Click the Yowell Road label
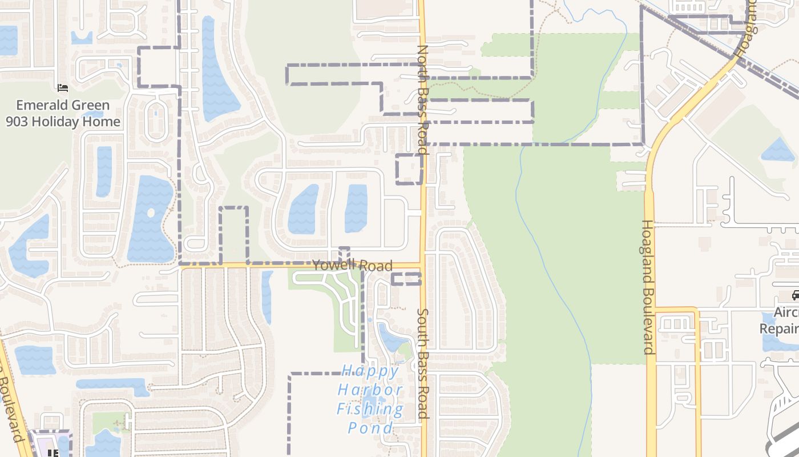click(352, 266)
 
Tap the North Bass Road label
click(422, 100)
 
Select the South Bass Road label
click(423, 364)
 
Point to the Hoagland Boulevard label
click(648, 287)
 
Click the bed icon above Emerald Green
click(63, 88)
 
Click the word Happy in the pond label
click(370, 371)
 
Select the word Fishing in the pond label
click(370, 409)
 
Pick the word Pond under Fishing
click(370, 428)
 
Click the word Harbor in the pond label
click(370, 390)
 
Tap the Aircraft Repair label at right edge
click(780, 320)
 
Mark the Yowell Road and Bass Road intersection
click(423, 266)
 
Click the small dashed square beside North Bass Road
click(409, 169)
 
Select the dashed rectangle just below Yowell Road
click(406, 279)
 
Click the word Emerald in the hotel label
click(39, 105)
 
